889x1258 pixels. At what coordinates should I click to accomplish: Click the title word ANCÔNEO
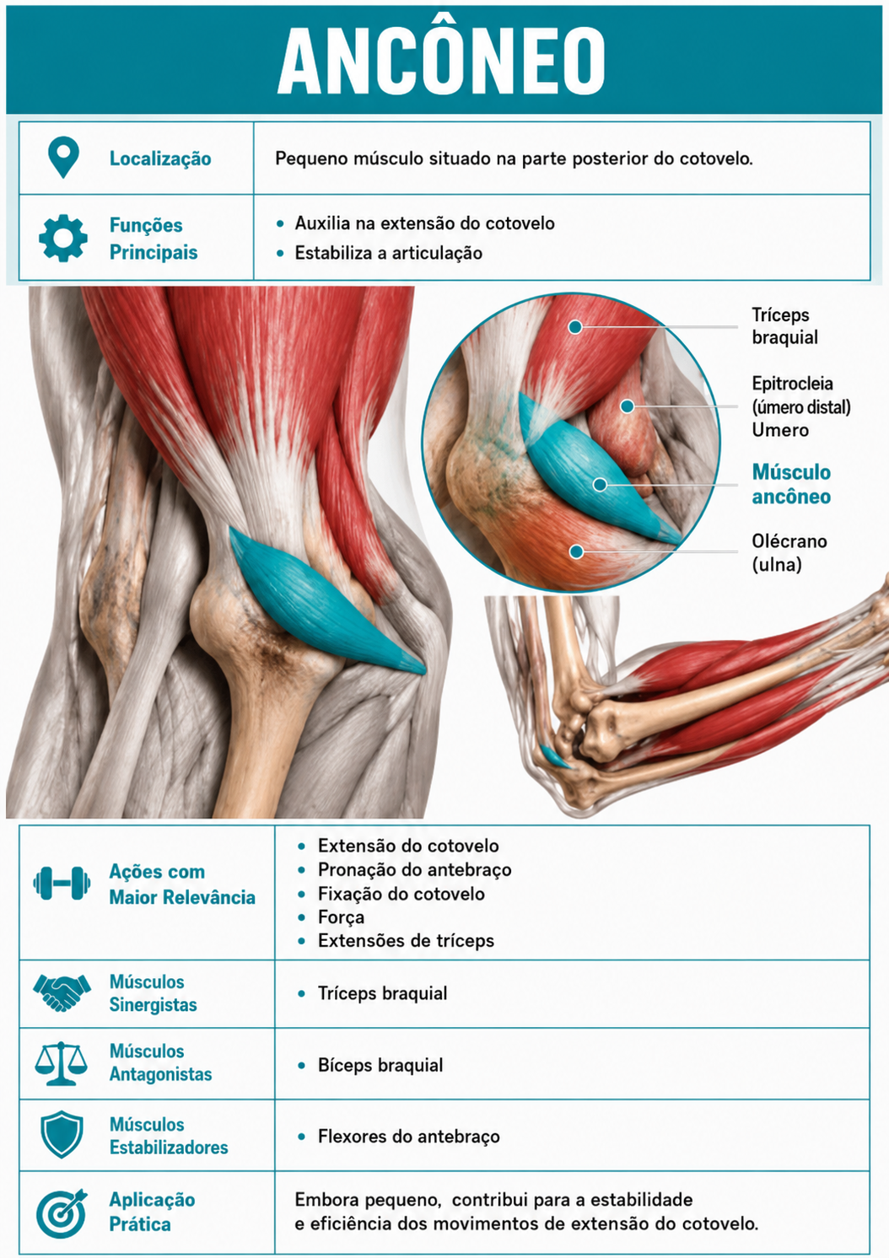click(x=441, y=60)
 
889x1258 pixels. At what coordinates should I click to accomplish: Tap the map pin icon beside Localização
click(x=63, y=157)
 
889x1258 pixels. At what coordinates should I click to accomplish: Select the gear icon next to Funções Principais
click(x=63, y=238)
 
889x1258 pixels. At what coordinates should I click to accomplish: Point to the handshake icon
click(x=62, y=993)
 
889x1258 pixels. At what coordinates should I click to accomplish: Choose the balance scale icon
click(x=62, y=1063)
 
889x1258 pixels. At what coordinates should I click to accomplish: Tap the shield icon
click(x=62, y=1134)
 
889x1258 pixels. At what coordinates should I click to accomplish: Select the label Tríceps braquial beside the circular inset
click(x=785, y=325)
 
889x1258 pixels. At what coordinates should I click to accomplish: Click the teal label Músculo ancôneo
click(x=791, y=483)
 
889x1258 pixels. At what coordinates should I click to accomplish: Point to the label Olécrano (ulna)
click(x=789, y=552)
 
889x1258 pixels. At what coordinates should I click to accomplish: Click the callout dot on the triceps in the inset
click(x=575, y=326)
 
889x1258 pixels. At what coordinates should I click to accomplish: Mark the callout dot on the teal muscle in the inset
click(x=600, y=484)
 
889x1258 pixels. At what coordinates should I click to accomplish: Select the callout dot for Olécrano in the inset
click(x=576, y=551)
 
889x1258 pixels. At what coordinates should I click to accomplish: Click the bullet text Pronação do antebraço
click(x=415, y=870)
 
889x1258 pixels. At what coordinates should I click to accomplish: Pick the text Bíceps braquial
click(x=380, y=1065)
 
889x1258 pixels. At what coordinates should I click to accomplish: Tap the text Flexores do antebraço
click(x=408, y=1136)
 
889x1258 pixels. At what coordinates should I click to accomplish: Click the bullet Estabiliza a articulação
click(x=388, y=253)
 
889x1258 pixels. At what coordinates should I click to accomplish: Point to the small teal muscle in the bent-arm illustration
click(x=555, y=757)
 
